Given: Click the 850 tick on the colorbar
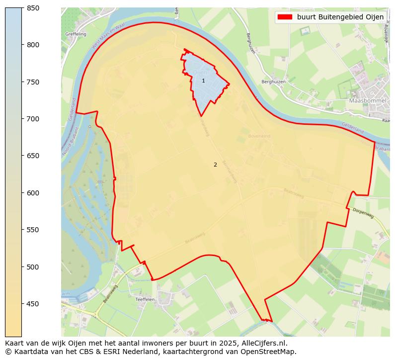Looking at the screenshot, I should point(22,8).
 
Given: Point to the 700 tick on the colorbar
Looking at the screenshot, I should point(22,119).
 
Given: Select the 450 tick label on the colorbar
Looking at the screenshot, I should point(33,304).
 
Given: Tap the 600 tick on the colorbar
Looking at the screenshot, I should point(22,193).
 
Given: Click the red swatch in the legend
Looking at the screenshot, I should point(285,17).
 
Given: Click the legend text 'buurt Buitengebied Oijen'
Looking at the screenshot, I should point(340,17).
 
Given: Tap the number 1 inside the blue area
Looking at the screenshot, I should point(203,81).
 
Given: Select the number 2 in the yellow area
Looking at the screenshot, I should point(215,165).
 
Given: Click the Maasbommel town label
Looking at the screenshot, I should point(368,100).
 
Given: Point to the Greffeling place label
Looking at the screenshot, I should point(76,34).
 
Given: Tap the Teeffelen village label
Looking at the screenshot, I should point(145,300).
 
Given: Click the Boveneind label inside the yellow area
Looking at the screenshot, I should point(259,136).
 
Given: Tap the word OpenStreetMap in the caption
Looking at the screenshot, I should point(270,352).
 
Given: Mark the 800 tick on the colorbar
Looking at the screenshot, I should point(22,45).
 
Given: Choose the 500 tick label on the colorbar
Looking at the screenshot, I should point(33,267).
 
